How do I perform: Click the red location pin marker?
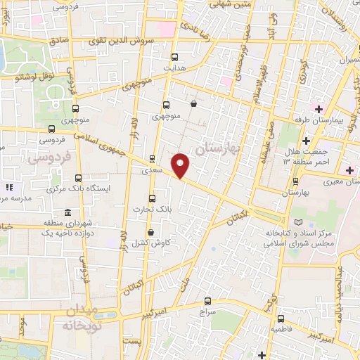[181, 165]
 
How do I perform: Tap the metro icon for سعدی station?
[152, 158]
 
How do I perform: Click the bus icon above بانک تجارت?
[156, 198]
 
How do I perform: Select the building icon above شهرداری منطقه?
[67, 212]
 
